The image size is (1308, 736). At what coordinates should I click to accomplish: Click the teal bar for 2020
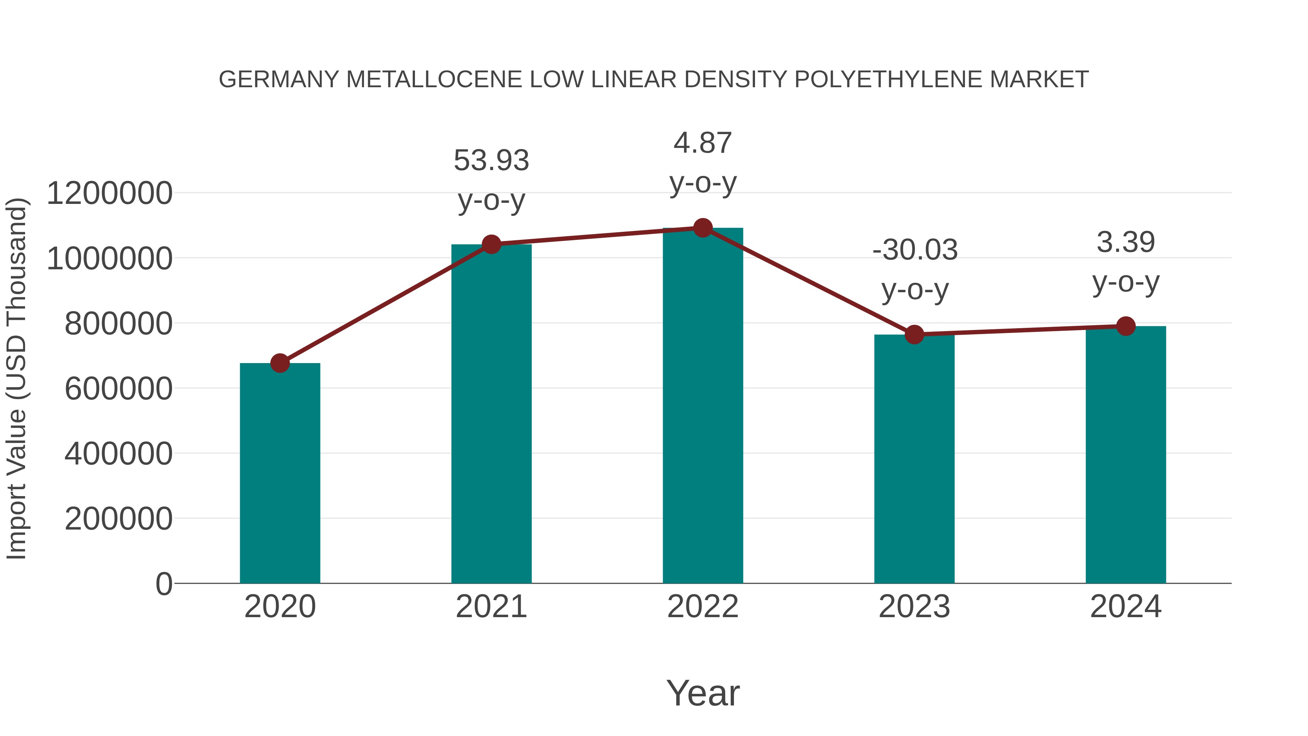pyautogui.click(x=280, y=473)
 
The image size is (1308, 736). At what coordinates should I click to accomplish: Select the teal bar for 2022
pyautogui.click(x=703, y=406)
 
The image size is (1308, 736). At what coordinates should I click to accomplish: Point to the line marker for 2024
pyautogui.click(x=1126, y=326)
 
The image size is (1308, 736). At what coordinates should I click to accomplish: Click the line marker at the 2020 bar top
pyautogui.click(x=280, y=363)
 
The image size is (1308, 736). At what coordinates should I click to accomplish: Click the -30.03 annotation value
pyautogui.click(x=915, y=250)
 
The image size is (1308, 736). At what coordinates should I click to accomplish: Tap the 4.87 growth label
pyautogui.click(x=703, y=143)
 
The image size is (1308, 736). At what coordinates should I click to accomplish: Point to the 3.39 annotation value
pyautogui.click(x=1126, y=242)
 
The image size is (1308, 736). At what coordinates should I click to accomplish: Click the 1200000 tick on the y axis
pyautogui.click(x=109, y=193)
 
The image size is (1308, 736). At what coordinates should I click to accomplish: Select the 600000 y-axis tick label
pyautogui.click(x=118, y=389)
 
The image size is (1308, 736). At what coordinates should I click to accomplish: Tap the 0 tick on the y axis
pyautogui.click(x=163, y=584)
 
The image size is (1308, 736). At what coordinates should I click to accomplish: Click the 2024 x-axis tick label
pyautogui.click(x=1126, y=607)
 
